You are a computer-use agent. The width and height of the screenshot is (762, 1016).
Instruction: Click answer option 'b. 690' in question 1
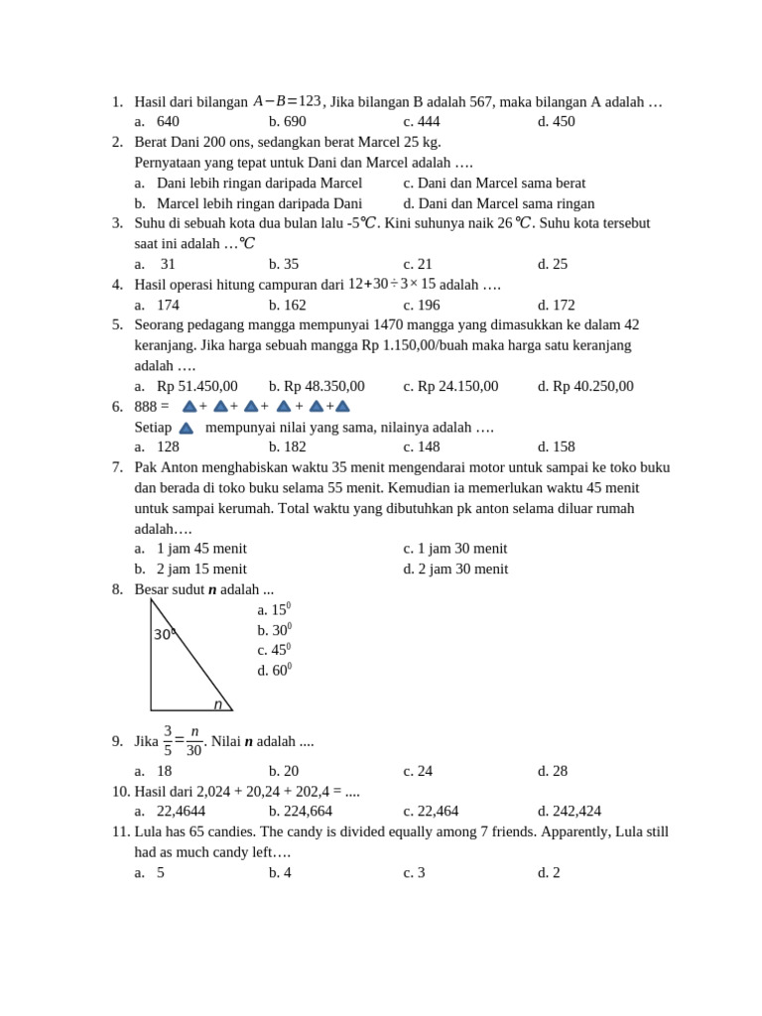click(x=287, y=122)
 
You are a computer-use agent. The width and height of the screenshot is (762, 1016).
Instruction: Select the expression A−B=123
click(x=288, y=101)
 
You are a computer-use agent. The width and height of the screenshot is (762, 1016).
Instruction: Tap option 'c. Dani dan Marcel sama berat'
click(x=494, y=183)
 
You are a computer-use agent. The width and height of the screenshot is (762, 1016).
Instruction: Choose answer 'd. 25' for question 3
click(x=553, y=264)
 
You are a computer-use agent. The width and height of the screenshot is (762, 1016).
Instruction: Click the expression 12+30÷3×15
click(x=392, y=285)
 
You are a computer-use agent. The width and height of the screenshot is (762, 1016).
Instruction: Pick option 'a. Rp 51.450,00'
click(x=187, y=386)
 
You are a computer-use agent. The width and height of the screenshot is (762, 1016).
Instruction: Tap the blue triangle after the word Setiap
click(x=186, y=428)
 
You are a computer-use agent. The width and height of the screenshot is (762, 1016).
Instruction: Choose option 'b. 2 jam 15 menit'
click(x=190, y=569)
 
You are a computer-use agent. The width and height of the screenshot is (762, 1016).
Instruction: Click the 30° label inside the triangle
click(x=165, y=634)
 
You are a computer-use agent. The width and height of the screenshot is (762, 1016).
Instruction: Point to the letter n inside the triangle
click(x=217, y=704)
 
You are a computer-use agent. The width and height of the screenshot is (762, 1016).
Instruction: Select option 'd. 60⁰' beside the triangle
click(x=274, y=670)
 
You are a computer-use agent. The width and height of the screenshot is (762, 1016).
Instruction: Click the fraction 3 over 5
click(x=168, y=741)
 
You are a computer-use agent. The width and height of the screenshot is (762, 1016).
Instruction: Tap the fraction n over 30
click(x=193, y=741)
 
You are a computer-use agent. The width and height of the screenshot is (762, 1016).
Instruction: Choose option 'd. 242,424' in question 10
click(x=570, y=811)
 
